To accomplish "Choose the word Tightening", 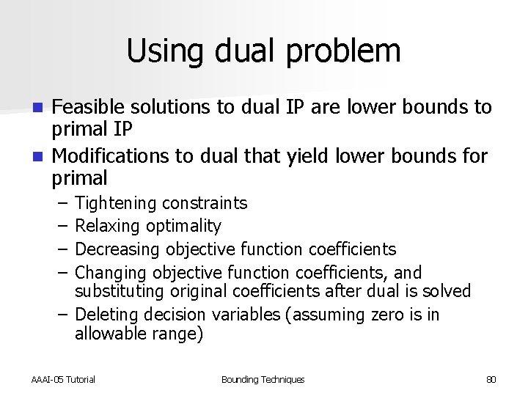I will (116, 203).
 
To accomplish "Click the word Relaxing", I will (108, 227).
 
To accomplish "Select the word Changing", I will (111, 273).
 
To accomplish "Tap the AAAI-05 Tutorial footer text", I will (63, 380).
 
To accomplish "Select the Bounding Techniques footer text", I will (263, 380).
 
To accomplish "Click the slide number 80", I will (491, 380).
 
